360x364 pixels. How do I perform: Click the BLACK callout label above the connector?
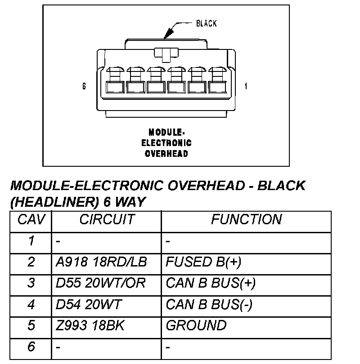[207, 23]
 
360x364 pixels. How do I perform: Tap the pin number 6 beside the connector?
[84, 86]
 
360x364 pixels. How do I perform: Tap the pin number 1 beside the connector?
[246, 86]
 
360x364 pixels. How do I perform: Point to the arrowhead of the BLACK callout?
[167, 35]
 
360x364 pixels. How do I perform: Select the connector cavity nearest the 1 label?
[216, 86]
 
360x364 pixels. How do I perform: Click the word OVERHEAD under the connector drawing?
[166, 153]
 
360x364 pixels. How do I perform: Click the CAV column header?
[31, 220]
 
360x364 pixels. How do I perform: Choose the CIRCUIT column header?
[107, 220]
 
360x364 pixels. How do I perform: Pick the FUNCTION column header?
[246, 220]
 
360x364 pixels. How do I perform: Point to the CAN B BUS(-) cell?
[209, 305]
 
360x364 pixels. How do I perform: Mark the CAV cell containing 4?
[31, 305]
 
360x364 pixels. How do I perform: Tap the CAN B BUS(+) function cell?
[211, 284]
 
